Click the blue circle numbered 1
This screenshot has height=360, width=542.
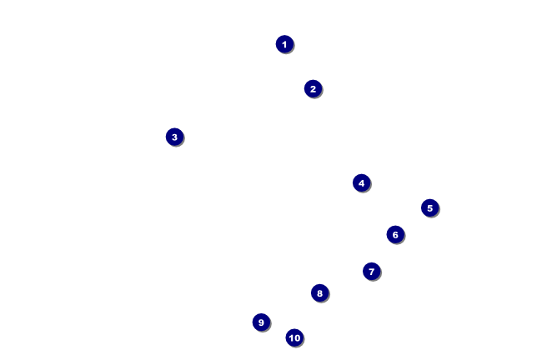(x=284, y=44)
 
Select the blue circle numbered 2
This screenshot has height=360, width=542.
(x=314, y=89)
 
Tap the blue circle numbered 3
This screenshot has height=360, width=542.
(x=174, y=137)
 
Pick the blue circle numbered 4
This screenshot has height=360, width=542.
(x=362, y=182)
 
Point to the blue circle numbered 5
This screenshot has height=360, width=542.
(x=430, y=208)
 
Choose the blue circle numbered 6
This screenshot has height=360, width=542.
(x=395, y=235)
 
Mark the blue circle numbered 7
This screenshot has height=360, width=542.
(x=372, y=271)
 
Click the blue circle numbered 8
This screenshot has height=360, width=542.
(x=319, y=293)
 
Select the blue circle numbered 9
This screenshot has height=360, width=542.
(x=261, y=322)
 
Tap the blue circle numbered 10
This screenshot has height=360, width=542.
(x=294, y=337)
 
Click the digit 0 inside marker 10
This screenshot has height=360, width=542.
(x=297, y=337)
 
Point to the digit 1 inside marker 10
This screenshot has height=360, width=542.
(x=291, y=337)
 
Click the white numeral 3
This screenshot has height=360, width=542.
(x=174, y=137)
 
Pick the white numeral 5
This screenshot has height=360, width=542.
(x=430, y=208)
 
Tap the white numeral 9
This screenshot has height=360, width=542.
(x=261, y=322)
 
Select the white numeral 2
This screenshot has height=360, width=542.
(x=314, y=89)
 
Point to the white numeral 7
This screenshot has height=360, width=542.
(x=372, y=272)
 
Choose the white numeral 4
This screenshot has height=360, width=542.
(x=362, y=183)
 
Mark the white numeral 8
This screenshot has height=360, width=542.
(x=319, y=293)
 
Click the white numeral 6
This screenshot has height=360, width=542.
(x=395, y=235)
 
